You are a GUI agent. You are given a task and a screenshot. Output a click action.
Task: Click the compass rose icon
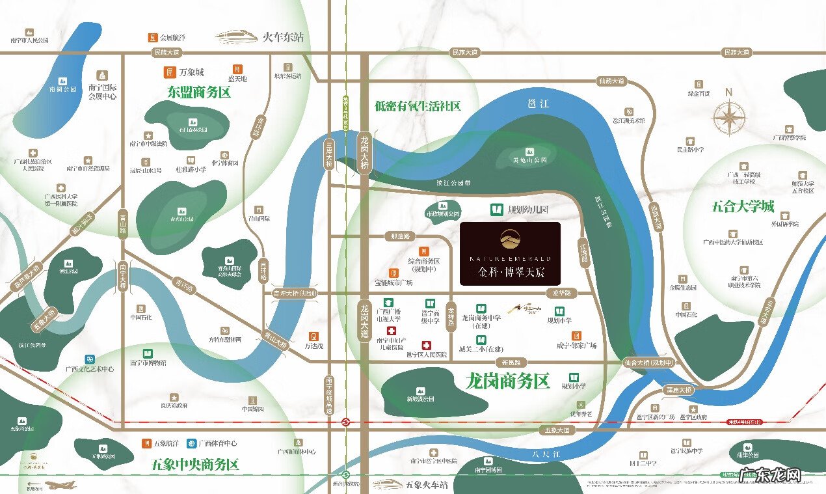click(729, 118)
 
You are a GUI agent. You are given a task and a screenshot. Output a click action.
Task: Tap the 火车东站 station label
click(282, 37)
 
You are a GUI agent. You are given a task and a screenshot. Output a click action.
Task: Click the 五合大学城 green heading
click(742, 207)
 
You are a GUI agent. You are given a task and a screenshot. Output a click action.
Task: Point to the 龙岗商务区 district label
click(507, 381)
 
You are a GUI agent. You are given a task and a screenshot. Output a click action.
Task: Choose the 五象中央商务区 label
click(195, 465)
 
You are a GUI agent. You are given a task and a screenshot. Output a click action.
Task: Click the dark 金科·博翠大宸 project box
click(510, 254)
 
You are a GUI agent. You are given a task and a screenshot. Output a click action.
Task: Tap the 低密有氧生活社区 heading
click(418, 105)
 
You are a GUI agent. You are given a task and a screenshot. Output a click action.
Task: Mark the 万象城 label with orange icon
click(191, 72)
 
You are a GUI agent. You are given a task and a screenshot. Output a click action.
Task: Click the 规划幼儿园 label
click(527, 210)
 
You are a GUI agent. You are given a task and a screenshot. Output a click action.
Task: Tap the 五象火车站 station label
click(427, 485)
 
